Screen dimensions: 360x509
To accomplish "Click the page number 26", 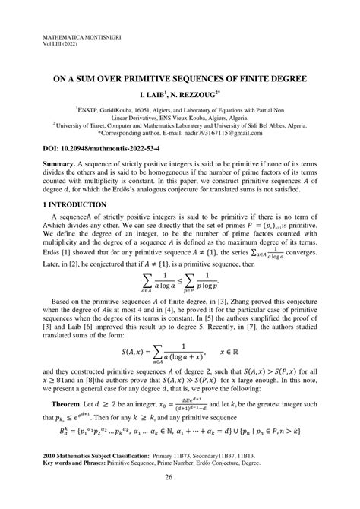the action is click(x=179, y=479).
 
